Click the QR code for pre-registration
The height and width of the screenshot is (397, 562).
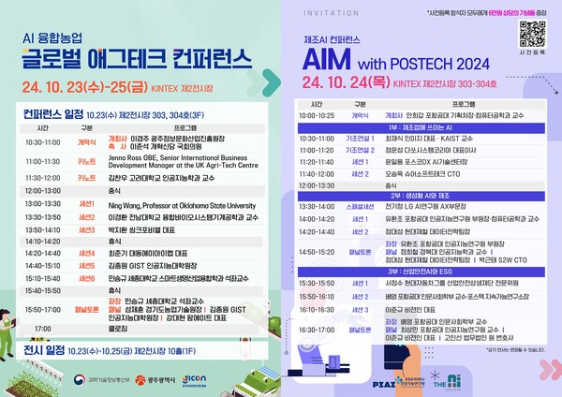coord(531,34)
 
